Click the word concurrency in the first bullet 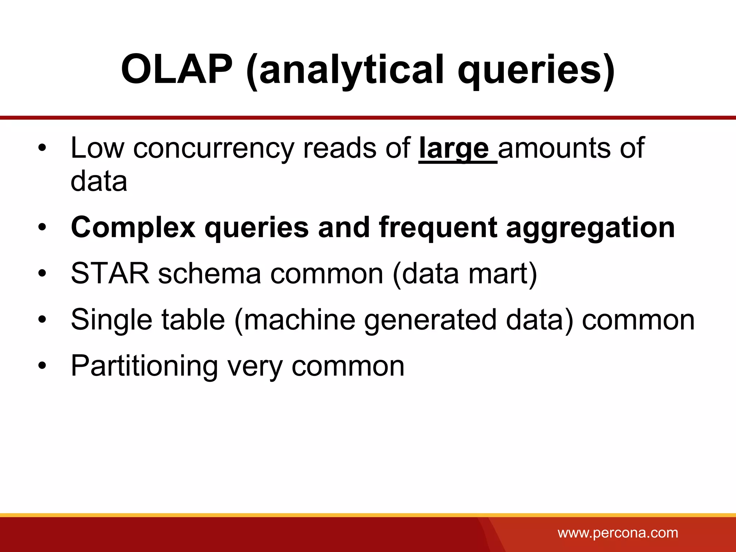tap(213, 148)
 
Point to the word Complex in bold tap(133, 228)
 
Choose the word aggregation tap(590, 228)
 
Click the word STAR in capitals tap(110, 273)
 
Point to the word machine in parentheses tap(295, 320)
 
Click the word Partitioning tap(144, 366)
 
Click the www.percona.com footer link tap(618, 533)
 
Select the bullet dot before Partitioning tap(42, 366)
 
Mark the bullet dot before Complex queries tap(42, 227)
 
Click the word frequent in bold tap(438, 228)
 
